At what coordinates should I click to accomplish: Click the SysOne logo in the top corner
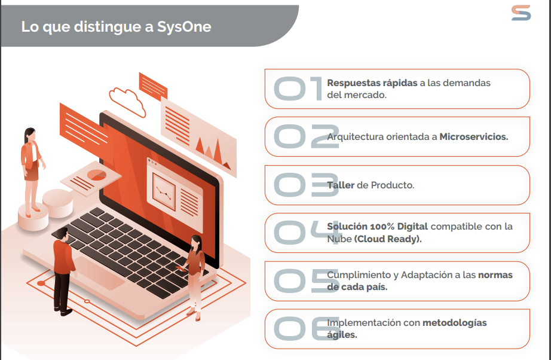click(521, 13)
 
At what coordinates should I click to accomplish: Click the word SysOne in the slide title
click(184, 27)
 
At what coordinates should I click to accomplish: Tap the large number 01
click(298, 89)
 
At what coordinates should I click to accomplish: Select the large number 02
click(307, 136)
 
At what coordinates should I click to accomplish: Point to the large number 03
click(306, 185)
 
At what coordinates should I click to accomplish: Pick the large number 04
click(307, 233)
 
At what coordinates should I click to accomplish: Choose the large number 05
click(307, 280)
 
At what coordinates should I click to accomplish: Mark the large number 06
click(307, 328)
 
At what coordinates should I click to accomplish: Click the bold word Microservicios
click(474, 137)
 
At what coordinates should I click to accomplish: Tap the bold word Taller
click(341, 185)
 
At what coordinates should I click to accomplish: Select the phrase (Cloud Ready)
click(388, 239)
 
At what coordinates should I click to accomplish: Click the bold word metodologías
click(454, 323)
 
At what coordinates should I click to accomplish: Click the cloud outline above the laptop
click(127, 102)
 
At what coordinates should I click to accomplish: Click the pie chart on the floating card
click(97, 175)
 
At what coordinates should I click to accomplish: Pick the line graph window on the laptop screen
click(164, 193)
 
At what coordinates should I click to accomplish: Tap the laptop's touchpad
click(99, 273)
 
